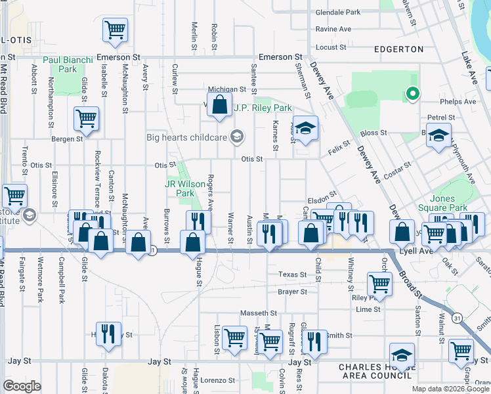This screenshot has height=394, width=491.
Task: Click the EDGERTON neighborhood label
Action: point(398,49)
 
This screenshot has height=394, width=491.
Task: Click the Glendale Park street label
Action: point(338,12)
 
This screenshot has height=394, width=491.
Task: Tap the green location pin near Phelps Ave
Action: point(412,95)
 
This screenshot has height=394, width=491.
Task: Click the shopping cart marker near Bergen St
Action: point(87,118)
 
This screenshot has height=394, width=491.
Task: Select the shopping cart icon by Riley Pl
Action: point(380,283)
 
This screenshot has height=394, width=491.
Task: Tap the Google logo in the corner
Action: point(22,386)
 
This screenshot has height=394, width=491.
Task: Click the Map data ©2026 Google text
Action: point(450,389)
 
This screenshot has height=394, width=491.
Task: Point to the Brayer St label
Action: point(292,291)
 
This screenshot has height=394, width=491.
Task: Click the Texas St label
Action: point(292,274)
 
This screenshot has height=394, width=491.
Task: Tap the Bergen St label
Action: point(68,139)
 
